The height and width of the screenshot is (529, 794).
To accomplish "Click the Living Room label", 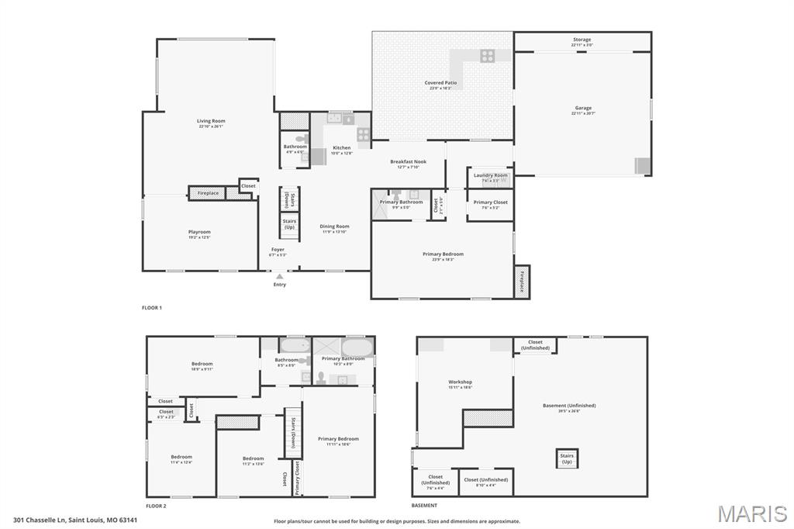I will coord(211,121).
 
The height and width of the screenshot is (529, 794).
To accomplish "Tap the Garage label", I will coord(583,109).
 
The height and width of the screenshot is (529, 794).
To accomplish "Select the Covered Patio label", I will coord(440,83).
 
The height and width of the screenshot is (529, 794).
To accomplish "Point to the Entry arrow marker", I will coord(280,275).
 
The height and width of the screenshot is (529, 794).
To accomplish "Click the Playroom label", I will coord(199,232).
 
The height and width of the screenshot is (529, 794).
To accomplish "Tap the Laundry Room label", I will coord(490,175).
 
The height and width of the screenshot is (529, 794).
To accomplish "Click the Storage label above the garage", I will coord(582,40).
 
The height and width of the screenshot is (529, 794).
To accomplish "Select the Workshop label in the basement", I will coord(460,382).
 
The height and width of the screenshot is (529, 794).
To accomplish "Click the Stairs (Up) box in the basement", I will coord(567,458).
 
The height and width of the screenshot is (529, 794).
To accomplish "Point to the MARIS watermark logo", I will coord(751,513).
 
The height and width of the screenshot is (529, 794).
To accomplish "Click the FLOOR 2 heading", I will coord(156,506).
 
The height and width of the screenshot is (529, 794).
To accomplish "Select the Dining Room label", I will coord(335,226).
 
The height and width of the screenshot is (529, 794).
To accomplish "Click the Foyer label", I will coord(278,250).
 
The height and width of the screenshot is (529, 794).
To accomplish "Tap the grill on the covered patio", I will coord(487,55).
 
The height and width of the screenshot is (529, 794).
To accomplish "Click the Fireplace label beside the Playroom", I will coord(208,192).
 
